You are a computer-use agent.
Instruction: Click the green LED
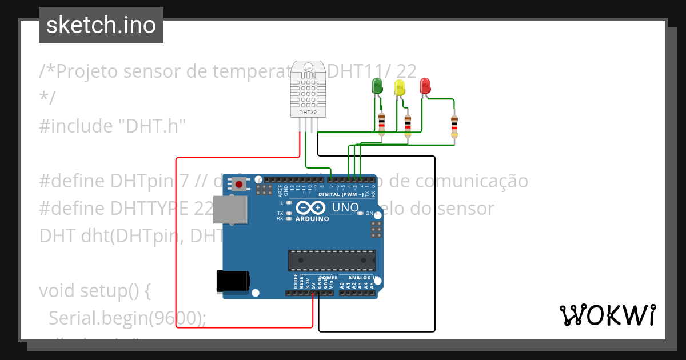click(377, 86)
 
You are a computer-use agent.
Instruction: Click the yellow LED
click(400, 87)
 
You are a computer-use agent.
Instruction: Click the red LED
click(425, 86)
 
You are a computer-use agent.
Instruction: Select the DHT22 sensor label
click(308, 113)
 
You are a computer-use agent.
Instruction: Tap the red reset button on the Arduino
click(239, 184)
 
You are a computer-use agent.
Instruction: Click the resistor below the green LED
click(382, 122)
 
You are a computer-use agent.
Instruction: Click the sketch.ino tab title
click(101, 25)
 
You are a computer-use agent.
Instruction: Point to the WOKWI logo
click(607, 315)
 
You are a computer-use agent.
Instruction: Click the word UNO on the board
click(345, 207)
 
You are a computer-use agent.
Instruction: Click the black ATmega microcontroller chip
click(332, 260)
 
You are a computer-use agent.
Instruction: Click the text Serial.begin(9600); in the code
click(127, 318)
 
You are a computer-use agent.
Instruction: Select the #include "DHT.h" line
click(113, 126)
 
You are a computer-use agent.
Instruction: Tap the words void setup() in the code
click(94, 291)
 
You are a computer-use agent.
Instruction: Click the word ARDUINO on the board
click(312, 219)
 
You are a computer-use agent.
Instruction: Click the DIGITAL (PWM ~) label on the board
click(343, 194)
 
